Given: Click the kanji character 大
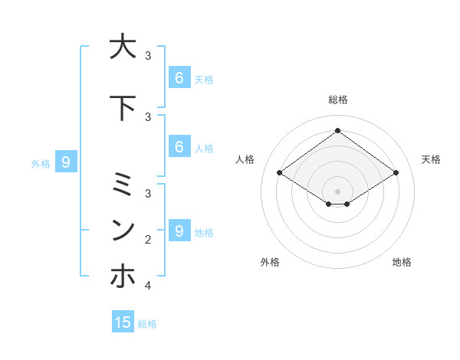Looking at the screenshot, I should pos(123,47).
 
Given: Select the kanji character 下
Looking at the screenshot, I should pos(123,108).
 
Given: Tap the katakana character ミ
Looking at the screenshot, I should pos(123,185).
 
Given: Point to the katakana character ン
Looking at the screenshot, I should pos(123,230).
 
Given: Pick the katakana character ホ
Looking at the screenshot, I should pos(123,276).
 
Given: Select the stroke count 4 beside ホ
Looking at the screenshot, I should pos(148,286).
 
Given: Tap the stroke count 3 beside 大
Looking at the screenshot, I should pos(148,56).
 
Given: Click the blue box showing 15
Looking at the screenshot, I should pos(123,322).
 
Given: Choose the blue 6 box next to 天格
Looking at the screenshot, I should pos(179,77).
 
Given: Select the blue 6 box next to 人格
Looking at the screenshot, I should pos(179,146).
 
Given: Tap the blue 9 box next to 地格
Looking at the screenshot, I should pos(179,231).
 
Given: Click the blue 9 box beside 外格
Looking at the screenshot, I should pos(67,162).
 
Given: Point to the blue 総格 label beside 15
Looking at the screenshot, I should pos(147,324).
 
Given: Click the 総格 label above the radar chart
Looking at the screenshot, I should pos(337,100).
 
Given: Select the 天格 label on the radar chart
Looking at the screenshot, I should pos(431,159).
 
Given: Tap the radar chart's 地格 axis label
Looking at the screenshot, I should pos(402,262).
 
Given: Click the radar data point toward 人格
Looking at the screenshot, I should pos(279,173).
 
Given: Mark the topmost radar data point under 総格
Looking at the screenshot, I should pos(337,130).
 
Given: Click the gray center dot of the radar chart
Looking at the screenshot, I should pos(337,191).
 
